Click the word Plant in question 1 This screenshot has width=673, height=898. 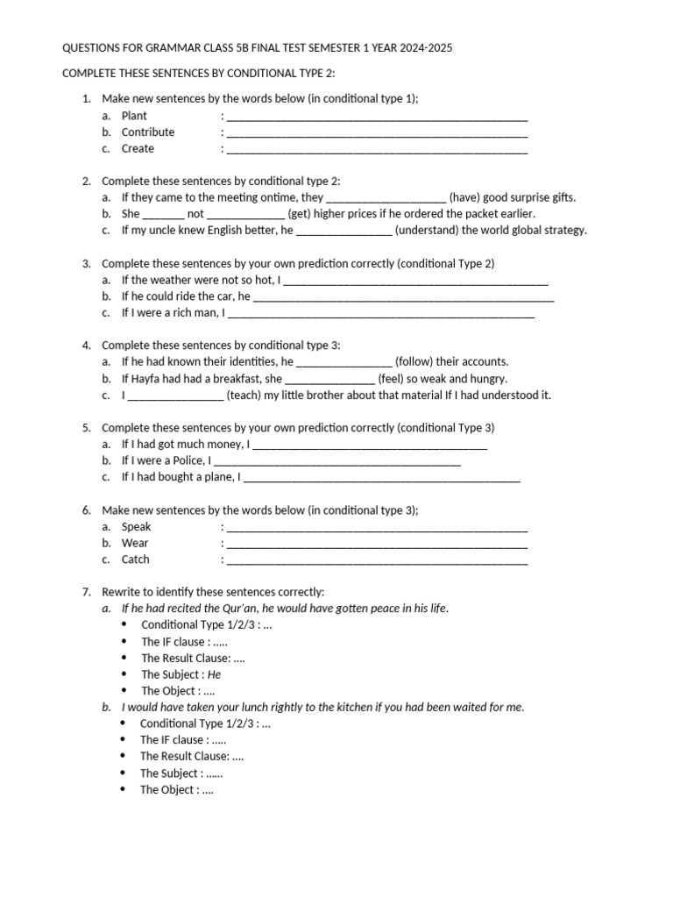tap(134, 116)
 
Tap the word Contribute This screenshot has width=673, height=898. tap(148, 132)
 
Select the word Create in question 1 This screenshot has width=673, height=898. tap(138, 149)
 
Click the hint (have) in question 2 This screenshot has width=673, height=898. tap(464, 198)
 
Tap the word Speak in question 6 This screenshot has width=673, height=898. tap(136, 527)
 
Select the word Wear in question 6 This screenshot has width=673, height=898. tap(135, 544)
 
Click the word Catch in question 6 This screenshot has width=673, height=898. tap(136, 559)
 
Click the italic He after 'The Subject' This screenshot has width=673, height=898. tap(214, 675)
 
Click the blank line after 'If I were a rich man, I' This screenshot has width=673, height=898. tap(380, 313)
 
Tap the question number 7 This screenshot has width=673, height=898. tap(86, 593)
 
